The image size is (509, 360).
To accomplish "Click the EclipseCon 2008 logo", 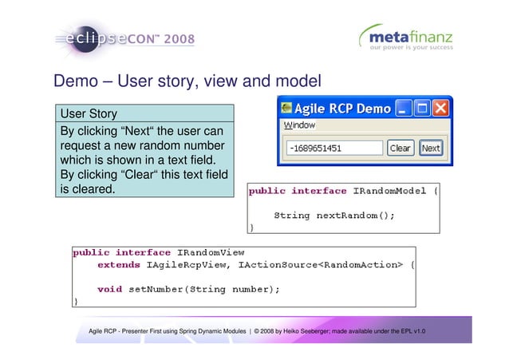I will [124, 38].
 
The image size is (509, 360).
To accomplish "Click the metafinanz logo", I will [406, 37].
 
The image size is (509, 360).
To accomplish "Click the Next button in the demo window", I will [431, 148].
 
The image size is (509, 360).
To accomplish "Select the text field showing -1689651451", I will [334, 148].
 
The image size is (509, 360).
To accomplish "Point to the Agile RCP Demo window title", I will [343, 108].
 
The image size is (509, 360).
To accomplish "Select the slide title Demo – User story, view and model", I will [187, 82].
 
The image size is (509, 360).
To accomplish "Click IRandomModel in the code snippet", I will [392, 191].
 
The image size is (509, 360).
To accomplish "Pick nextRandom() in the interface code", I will [355, 215].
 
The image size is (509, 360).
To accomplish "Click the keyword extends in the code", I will [121, 264].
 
